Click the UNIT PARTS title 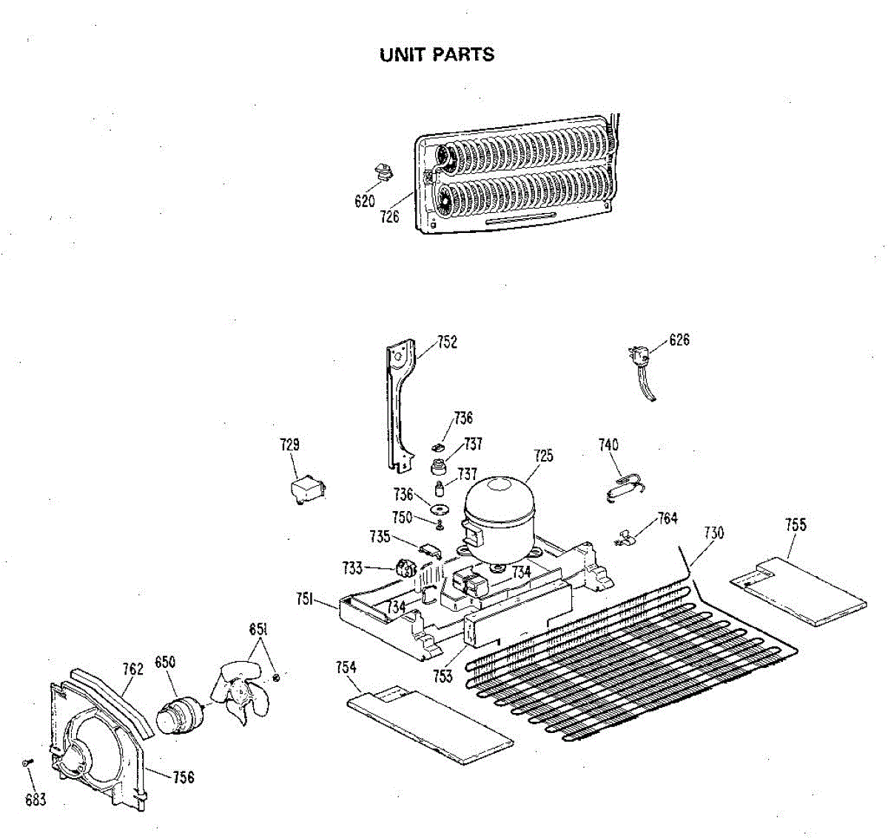click(x=437, y=55)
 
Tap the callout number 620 click(x=365, y=201)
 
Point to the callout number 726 click(x=390, y=216)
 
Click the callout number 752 click(x=447, y=342)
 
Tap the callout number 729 click(x=290, y=445)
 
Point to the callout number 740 click(x=608, y=445)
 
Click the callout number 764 click(x=667, y=518)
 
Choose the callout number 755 click(x=795, y=525)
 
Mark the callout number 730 click(x=713, y=533)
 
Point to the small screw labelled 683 click(x=27, y=762)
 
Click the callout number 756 click(x=183, y=777)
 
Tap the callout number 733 click(x=352, y=567)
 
